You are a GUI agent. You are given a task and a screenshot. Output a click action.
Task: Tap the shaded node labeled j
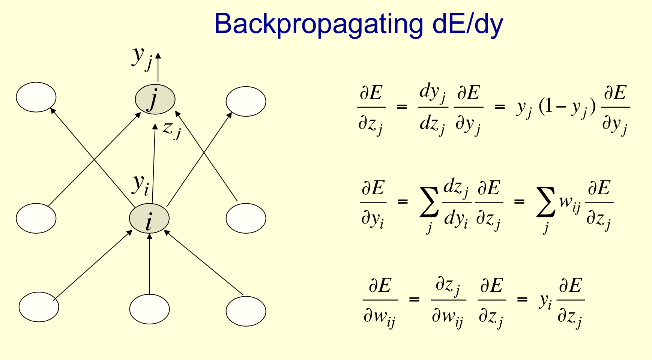[155, 99]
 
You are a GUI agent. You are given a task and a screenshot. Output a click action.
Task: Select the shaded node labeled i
[149, 219]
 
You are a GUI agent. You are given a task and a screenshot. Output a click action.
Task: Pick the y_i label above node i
[141, 184]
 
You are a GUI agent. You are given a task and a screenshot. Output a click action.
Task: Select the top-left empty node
[36, 97]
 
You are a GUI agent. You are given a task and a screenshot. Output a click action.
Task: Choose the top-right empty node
[246, 101]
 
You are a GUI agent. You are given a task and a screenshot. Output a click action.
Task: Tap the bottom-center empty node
[149, 309]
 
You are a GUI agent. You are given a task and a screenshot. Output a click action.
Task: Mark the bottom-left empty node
[39, 307]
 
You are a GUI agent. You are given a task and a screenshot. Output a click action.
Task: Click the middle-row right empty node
[246, 218]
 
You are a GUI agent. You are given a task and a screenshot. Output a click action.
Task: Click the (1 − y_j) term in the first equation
[566, 108]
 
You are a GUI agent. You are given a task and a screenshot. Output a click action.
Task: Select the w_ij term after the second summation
[569, 204]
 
